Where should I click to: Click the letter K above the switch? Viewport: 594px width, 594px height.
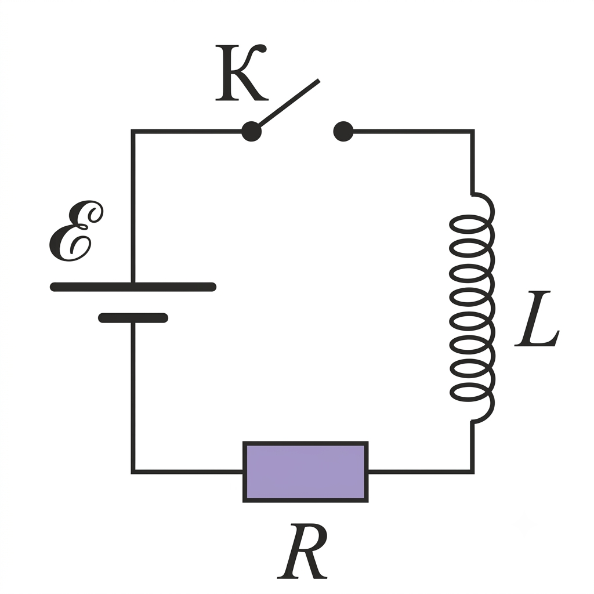[x=241, y=73]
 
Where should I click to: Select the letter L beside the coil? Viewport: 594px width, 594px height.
[x=537, y=318]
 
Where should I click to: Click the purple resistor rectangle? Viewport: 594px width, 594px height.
[x=305, y=472]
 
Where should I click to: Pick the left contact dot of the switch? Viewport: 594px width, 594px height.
[x=252, y=132]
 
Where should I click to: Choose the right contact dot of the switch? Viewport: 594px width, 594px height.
[x=343, y=132]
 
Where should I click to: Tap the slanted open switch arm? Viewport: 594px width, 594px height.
[x=289, y=103]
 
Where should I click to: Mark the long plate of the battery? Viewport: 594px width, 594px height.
[x=133, y=287]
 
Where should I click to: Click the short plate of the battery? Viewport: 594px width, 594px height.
[x=133, y=318]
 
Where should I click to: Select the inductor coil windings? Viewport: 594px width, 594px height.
[x=472, y=307]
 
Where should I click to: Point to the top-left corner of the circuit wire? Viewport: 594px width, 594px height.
[x=133, y=132]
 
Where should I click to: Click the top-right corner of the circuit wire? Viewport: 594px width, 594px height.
[x=472, y=132]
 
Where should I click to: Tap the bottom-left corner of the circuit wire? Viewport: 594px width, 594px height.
[x=133, y=472]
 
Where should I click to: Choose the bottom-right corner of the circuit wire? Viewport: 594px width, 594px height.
[x=472, y=472]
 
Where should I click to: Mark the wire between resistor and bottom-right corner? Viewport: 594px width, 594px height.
[x=421, y=472]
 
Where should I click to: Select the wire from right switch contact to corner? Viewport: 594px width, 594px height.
[x=413, y=132]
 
